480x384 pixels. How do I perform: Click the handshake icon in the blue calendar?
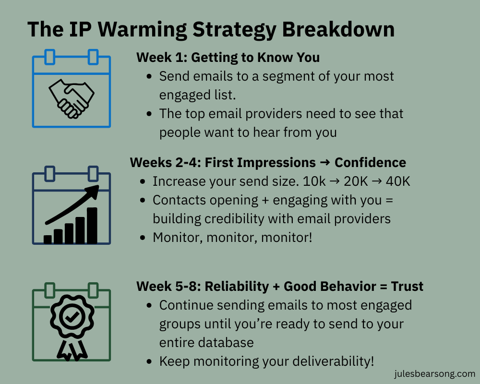(72, 98)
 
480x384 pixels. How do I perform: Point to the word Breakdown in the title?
(338, 30)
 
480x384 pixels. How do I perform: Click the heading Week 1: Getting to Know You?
(228, 58)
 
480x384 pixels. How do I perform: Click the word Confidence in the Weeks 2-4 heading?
(370, 162)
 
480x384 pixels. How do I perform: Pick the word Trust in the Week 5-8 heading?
(407, 287)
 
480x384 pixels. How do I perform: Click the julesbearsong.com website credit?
(432, 373)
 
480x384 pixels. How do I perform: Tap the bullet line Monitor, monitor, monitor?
(232, 237)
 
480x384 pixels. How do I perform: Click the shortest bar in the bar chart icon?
(48, 239)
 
